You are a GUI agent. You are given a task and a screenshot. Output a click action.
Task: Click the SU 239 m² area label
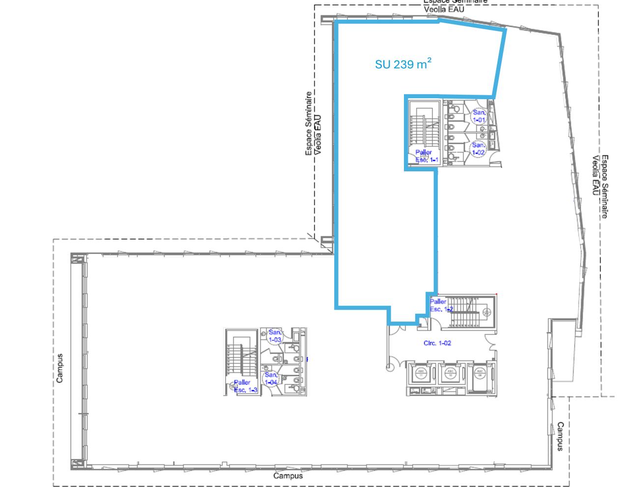tap(403, 64)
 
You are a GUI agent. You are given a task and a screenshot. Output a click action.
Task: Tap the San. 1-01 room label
tap(479, 116)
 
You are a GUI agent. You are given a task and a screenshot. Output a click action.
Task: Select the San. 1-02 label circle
tap(479, 149)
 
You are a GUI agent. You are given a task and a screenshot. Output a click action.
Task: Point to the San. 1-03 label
tap(275, 336)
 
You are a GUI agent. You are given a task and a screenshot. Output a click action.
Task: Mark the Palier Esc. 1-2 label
tap(439, 305)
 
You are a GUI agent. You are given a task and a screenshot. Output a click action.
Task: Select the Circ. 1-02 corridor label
tap(437, 343)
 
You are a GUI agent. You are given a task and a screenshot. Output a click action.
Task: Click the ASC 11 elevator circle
tap(421, 373)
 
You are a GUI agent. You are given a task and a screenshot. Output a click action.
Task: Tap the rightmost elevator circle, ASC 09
tap(479, 373)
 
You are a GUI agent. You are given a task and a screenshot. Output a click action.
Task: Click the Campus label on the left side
tap(59, 368)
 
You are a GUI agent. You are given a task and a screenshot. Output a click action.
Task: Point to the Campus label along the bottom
tap(288, 476)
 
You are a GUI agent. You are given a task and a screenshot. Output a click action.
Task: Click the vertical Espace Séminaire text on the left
tap(313, 124)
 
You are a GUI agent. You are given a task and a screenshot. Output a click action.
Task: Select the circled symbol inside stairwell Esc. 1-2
tap(486, 311)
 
